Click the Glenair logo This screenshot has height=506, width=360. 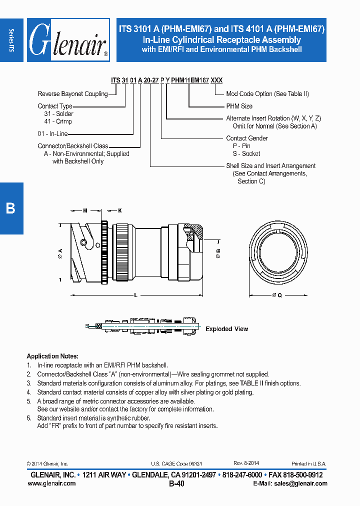[68, 40]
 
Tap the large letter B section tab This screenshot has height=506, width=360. [11, 208]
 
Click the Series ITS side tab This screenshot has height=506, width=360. [11, 39]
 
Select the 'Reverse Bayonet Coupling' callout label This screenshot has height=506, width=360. [73, 94]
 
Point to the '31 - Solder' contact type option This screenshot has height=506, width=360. [58, 114]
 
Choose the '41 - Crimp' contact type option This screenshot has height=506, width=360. [58, 121]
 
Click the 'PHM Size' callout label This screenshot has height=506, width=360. [239, 106]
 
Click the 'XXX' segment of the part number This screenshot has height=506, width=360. [216, 80]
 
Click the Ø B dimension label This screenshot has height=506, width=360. [218, 253]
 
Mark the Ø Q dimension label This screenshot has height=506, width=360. [277, 295]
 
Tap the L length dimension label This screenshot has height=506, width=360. [136, 295]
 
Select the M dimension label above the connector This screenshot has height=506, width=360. [85, 211]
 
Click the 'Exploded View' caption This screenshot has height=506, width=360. [226, 329]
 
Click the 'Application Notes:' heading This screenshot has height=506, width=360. [52, 356]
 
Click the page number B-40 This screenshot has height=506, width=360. [177, 484]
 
